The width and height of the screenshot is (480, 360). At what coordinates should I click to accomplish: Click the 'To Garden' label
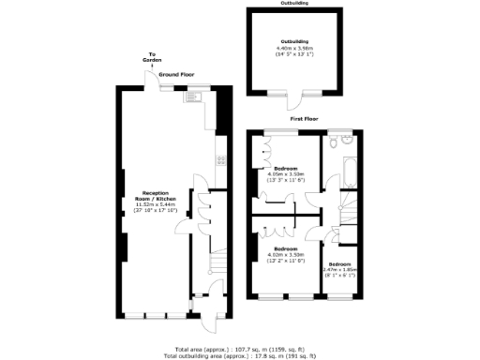coord(151,58)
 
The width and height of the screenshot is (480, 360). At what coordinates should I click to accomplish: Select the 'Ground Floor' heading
coord(175,72)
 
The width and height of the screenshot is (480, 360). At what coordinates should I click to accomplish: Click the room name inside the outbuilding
coord(292,43)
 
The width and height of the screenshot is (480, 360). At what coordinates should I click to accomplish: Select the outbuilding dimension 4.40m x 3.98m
coord(292,50)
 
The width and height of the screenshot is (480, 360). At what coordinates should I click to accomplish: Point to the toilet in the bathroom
coord(345,141)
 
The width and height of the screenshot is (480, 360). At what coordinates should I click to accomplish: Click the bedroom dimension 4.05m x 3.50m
coord(287,174)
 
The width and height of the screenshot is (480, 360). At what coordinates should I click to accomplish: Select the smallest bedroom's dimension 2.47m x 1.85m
coord(339,270)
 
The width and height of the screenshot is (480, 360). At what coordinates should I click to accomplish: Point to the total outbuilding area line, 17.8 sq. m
coord(239,355)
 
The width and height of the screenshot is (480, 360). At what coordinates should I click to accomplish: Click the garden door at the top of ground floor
coord(151,82)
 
